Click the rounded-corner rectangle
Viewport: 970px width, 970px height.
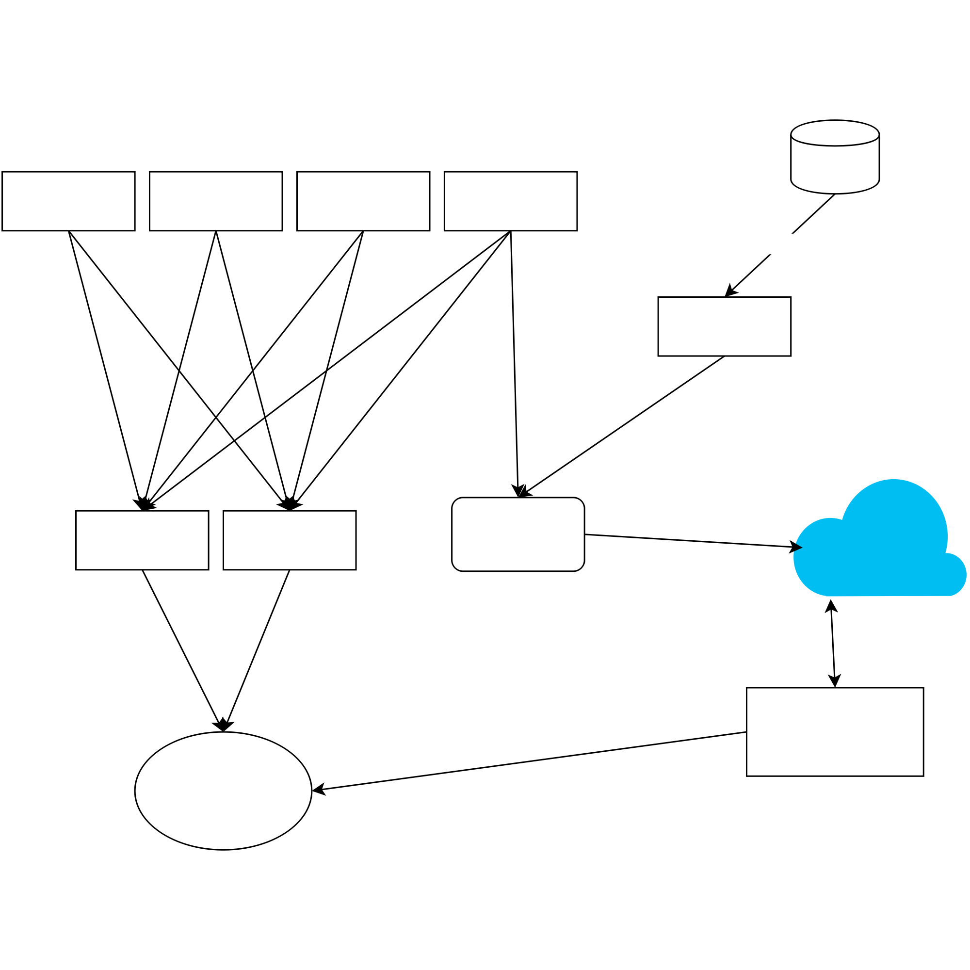pos(518,534)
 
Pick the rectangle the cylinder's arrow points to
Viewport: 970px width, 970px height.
pos(725,326)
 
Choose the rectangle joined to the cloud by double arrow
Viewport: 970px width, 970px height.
pos(835,732)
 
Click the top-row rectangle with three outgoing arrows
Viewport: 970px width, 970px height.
pos(511,201)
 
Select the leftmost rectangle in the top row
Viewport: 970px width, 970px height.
pos(68,201)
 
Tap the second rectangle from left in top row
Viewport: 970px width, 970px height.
pos(216,201)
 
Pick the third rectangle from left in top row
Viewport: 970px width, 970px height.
pos(363,201)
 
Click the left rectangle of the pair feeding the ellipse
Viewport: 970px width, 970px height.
pos(142,540)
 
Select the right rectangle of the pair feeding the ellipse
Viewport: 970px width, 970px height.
pos(290,540)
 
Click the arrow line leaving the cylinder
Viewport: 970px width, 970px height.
pos(753,270)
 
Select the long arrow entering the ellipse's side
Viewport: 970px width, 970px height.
pos(527,761)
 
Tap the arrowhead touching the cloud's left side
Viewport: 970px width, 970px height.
pos(796,547)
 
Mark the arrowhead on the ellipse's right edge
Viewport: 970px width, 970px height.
pos(318,790)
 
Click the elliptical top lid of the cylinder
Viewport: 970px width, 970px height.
pos(835,133)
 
